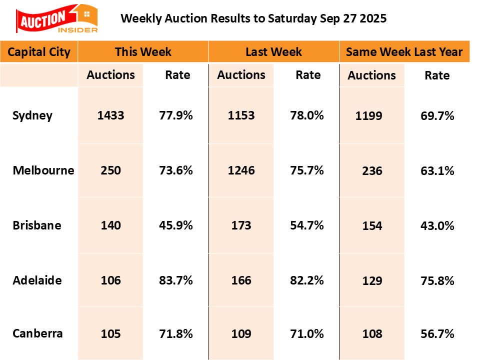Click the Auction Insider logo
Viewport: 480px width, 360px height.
point(56,19)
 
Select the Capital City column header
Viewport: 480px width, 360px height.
point(39,52)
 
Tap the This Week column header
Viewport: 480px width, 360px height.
point(143,52)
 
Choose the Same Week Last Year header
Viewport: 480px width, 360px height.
point(404,52)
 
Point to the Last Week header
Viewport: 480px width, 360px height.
point(273,52)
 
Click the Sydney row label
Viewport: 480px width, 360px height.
point(32,115)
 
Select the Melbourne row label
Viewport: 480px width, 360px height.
point(43,170)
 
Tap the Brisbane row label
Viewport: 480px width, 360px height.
point(37,225)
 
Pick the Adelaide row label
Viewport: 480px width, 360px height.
point(37,280)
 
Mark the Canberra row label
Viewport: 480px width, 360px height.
point(38,333)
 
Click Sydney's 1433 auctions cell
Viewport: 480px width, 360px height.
point(110,115)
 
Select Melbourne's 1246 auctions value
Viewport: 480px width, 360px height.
point(241,170)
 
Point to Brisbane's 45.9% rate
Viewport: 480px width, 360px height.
point(176,225)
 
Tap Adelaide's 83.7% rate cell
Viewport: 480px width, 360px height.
point(176,280)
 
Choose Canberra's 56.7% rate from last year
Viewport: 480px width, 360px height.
point(437,334)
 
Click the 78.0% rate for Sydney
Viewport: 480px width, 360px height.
point(307,115)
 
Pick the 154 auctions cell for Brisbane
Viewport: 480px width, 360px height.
point(371,225)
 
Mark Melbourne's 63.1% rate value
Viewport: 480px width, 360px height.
point(437,171)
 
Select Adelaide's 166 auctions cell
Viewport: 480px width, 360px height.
point(241,280)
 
